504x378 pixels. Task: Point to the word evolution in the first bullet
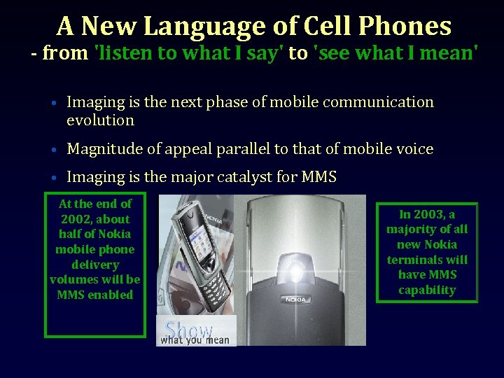click(x=100, y=120)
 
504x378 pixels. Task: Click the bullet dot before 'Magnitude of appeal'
click(x=54, y=150)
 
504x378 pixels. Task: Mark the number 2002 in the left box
click(x=75, y=219)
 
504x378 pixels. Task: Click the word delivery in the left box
click(x=95, y=265)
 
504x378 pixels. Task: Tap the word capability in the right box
click(x=427, y=290)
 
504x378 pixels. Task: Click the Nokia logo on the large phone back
click(x=295, y=300)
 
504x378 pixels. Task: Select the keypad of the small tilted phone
click(x=213, y=283)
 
